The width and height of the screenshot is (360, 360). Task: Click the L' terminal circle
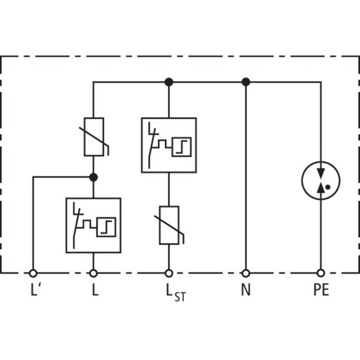pyautogui.click(x=33, y=273)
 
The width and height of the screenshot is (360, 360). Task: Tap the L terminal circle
pyautogui.click(x=94, y=273)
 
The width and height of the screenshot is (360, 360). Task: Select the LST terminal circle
pyautogui.click(x=169, y=273)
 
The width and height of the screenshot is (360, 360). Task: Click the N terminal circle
pyautogui.click(x=246, y=273)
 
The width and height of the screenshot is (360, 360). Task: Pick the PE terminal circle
pyautogui.click(x=321, y=273)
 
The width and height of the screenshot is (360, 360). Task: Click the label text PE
pyautogui.click(x=321, y=290)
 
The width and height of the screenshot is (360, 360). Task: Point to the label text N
pyautogui.click(x=246, y=290)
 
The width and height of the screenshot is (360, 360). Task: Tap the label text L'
pyautogui.click(x=35, y=290)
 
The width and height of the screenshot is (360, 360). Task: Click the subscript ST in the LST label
pyautogui.click(x=180, y=296)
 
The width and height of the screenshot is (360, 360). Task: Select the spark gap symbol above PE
pyautogui.click(x=321, y=181)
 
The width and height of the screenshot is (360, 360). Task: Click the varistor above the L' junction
pyautogui.click(x=94, y=137)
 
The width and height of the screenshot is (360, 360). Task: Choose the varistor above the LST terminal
pyautogui.click(x=169, y=226)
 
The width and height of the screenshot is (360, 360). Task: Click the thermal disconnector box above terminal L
pyautogui.click(x=94, y=226)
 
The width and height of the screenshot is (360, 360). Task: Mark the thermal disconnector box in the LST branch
pyautogui.click(x=169, y=145)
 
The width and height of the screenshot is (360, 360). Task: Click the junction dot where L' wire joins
pyautogui.click(x=94, y=177)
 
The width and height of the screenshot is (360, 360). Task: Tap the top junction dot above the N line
pyautogui.click(x=246, y=82)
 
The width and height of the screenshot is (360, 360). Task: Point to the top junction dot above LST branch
pyautogui.click(x=169, y=82)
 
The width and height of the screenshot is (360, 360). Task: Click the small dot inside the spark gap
pyautogui.click(x=328, y=187)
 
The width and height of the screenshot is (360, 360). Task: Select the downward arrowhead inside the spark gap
pyautogui.click(x=321, y=173)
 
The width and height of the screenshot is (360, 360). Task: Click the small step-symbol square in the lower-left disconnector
pyautogui.click(x=106, y=227)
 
